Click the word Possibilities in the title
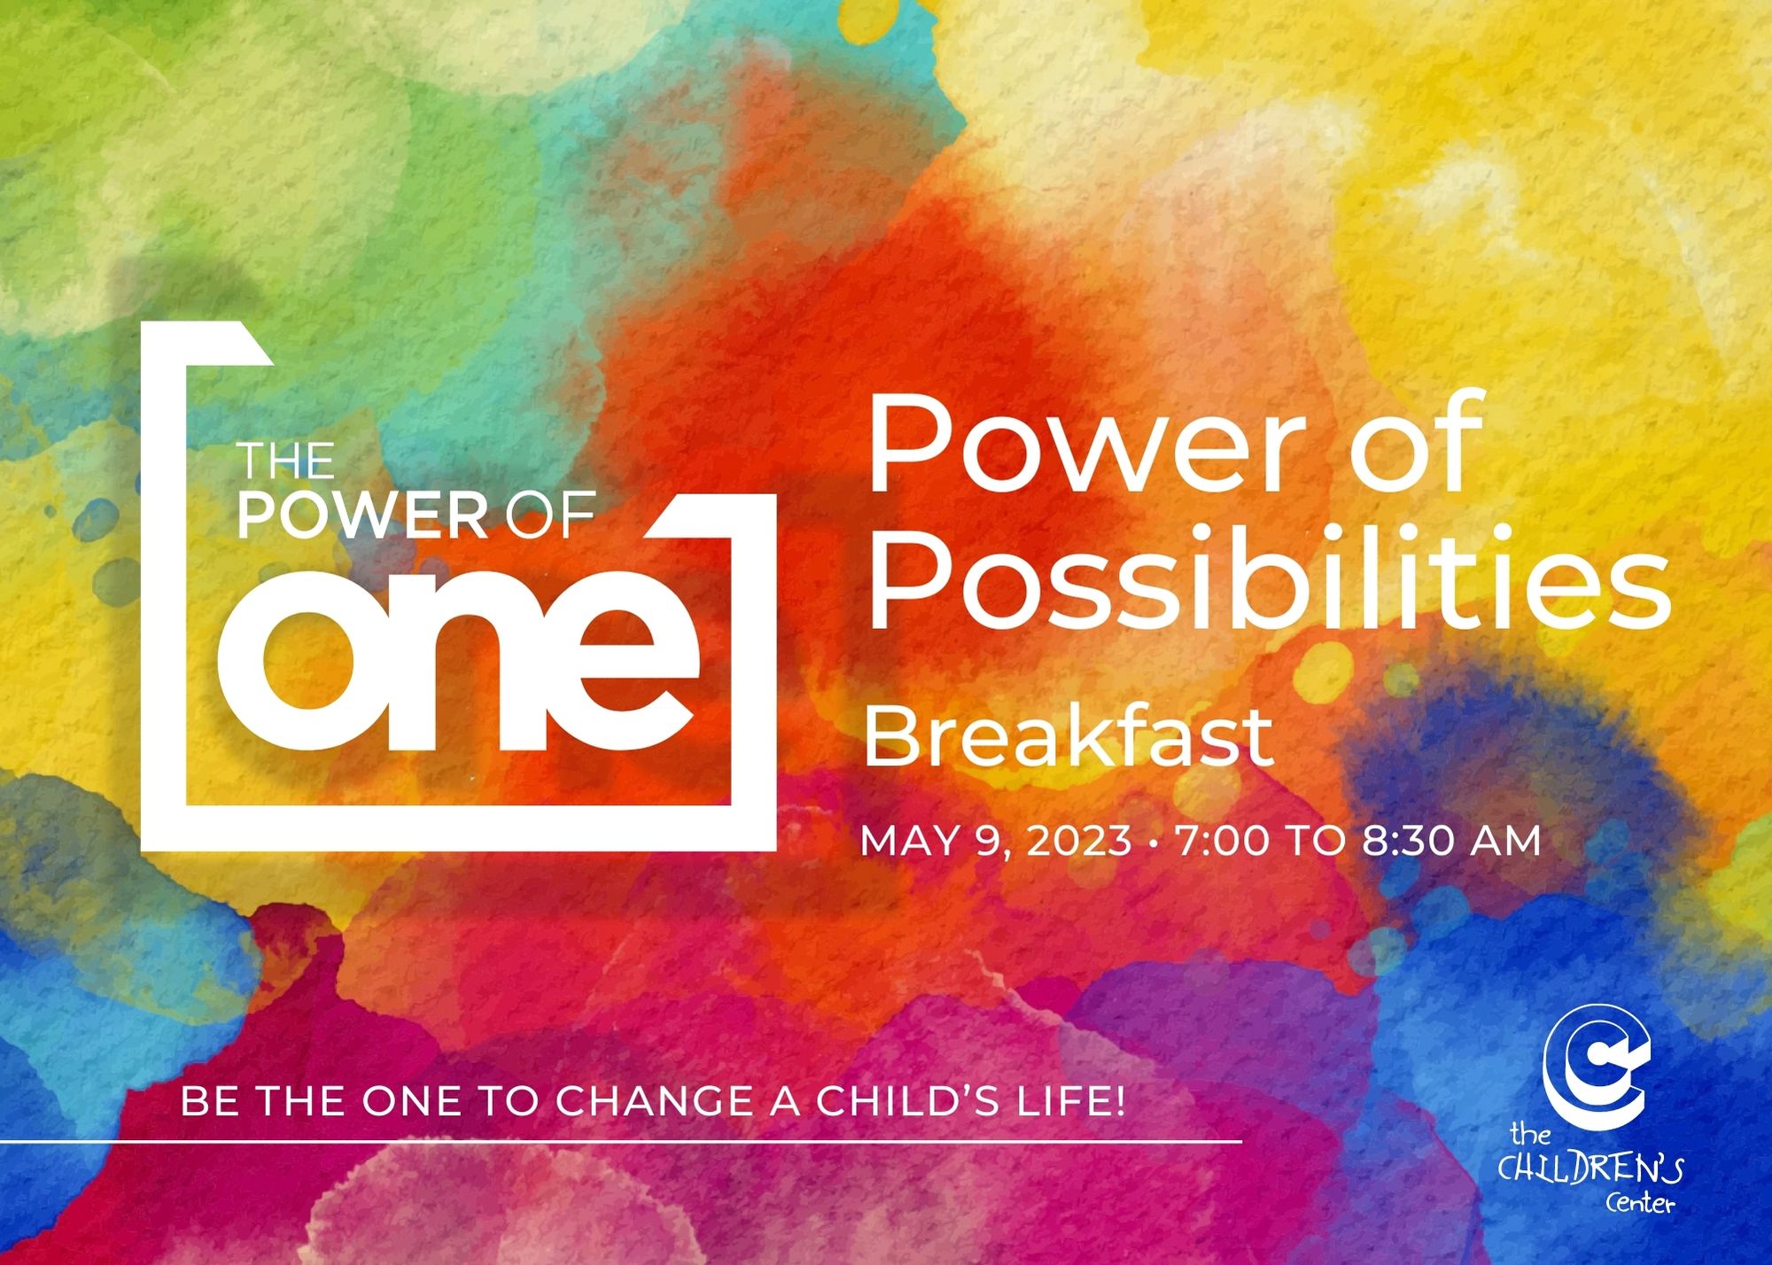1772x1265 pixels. (x=1269, y=578)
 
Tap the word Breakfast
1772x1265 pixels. (x=1069, y=737)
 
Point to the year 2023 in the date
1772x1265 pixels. (x=1079, y=841)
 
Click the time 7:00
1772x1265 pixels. (x=1223, y=841)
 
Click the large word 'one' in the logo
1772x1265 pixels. (x=458, y=657)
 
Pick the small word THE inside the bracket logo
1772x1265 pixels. (x=285, y=461)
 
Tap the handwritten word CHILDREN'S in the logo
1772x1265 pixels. (x=1590, y=1169)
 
